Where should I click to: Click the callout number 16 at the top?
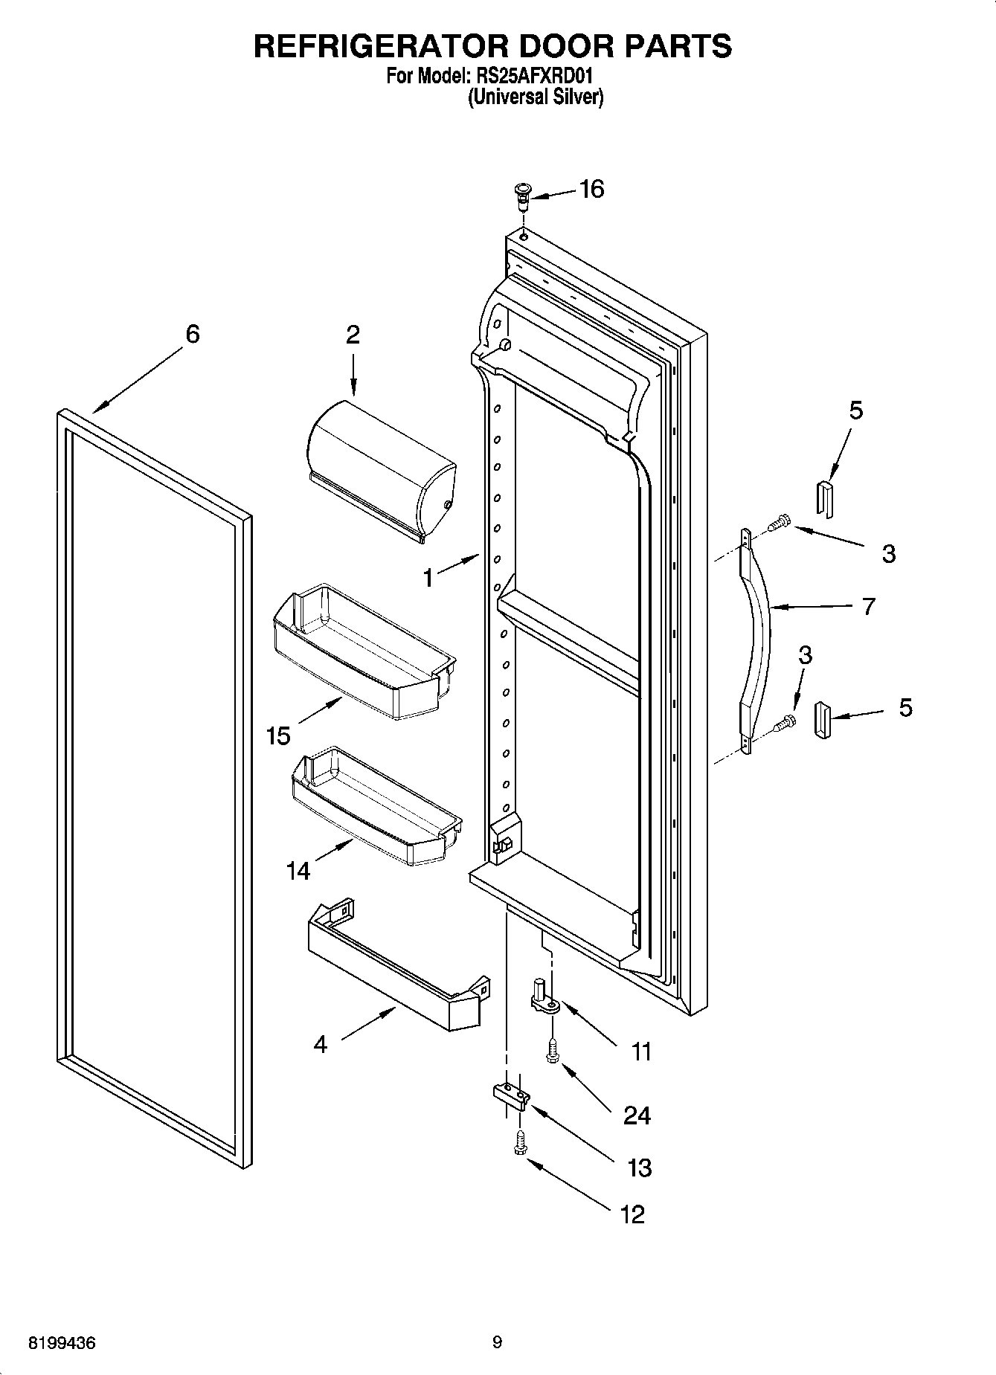[592, 190]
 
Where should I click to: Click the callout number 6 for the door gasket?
[193, 335]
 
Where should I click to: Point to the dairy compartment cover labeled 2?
[379, 468]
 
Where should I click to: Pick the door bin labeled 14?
[376, 811]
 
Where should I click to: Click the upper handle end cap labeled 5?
[825, 497]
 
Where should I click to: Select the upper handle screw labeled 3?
[778, 524]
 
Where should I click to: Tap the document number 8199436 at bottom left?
[62, 1343]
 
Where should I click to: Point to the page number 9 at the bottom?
[497, 1342]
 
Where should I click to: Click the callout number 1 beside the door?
[428, 577]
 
